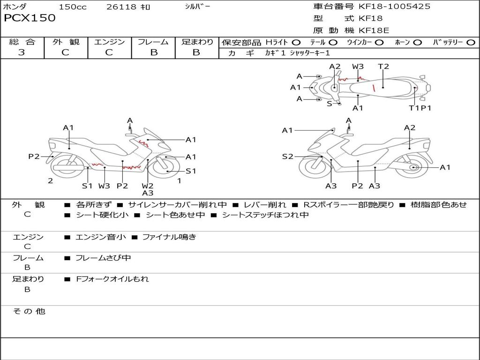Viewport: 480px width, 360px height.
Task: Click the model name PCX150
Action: point(30,18)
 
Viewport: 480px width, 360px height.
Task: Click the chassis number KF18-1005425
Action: point(394,7)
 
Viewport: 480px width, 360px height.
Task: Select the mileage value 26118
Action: point(121,7)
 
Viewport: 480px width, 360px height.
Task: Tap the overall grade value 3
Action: point(22,52)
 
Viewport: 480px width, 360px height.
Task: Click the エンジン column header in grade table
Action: point(109,42)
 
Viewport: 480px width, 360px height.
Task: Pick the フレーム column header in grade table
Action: point(153,42)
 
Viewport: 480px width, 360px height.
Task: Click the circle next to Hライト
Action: point(296,43)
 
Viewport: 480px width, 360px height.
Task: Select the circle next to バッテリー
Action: point(471,43)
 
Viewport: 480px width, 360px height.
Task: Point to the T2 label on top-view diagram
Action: point(383,67)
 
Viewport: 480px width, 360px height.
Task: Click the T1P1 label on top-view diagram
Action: point(420,108)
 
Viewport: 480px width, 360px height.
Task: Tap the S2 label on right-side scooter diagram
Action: point(287,157)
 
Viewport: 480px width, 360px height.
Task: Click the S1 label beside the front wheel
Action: point(191,171)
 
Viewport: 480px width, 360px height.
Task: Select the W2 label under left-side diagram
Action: point(148,186)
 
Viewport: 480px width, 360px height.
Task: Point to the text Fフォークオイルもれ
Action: point(112,279)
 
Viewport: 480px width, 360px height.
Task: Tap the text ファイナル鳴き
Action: point(169,237)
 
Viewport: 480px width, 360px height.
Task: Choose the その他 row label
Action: point(29,311)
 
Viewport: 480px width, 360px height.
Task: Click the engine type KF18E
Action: point(374,30)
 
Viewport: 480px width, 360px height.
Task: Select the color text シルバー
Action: point(197,7)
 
